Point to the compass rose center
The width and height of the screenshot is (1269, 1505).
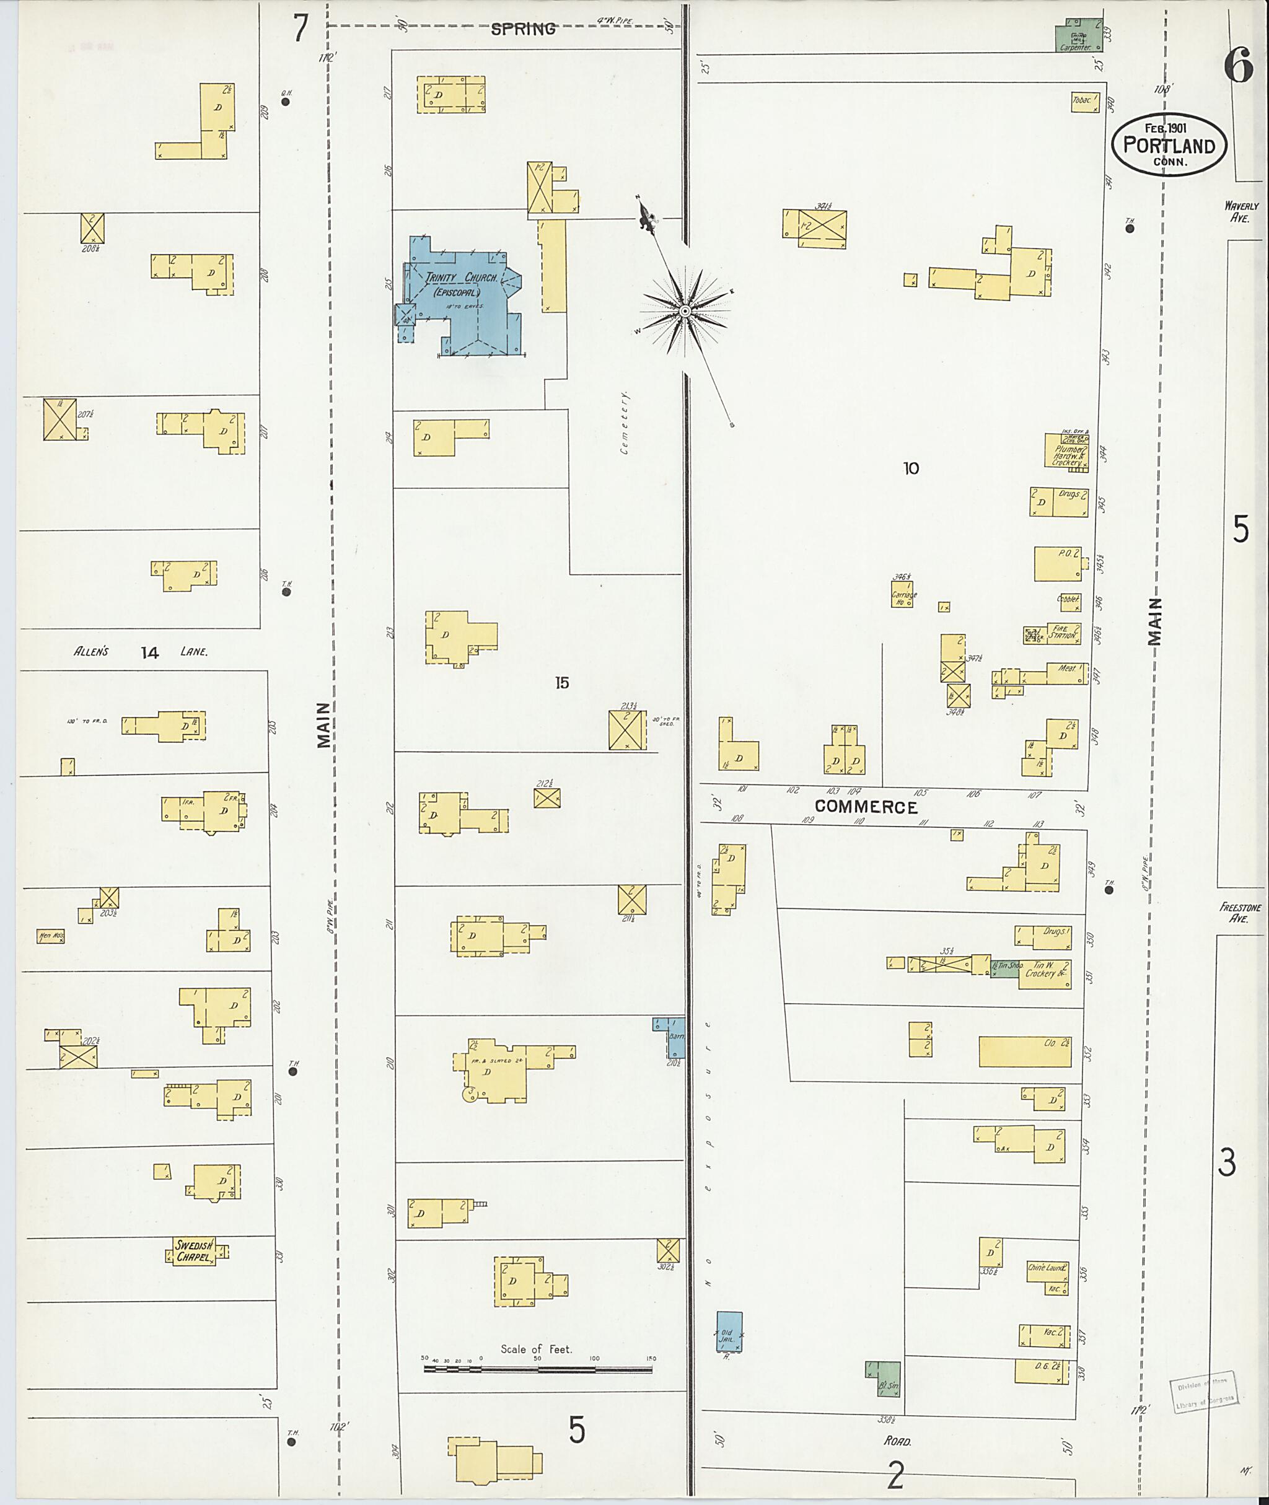click(x=685, y=311)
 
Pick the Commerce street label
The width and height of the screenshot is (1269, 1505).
click(x=866, y=807)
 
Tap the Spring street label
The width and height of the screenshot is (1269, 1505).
click(x=523, y=29)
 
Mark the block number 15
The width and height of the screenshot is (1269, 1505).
click(x=562, y=683)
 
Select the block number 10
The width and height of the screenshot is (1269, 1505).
click(x=911, y=468)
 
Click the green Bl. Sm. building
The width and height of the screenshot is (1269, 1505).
click(x=884, y=1379)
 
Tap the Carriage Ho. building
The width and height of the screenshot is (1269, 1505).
click(x=903, y=594)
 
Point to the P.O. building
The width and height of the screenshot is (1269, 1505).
click(x=1058, y=564)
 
